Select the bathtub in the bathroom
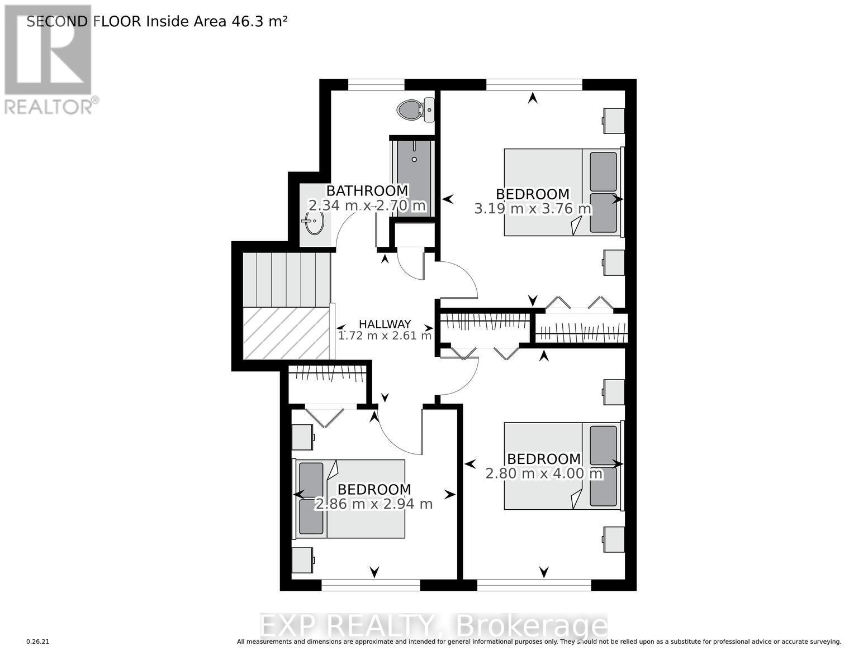[x=414, y=176]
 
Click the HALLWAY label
[x=385, y=324]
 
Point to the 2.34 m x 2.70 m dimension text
[x=367, y=205]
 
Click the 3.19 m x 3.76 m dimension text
[x=533, y=209]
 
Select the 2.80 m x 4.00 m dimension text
[x=544, y=473]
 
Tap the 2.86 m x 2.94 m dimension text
[x=374, y=504]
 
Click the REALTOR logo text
[x=49, y=106]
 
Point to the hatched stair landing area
[x=286, y=333]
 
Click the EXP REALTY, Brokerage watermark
[x=434, y=626]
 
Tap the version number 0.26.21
[x=38, y=642]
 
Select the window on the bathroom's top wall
[x=376, y=85]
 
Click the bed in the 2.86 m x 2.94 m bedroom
[x=350, y=499]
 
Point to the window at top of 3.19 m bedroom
[x=534, y=85]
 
